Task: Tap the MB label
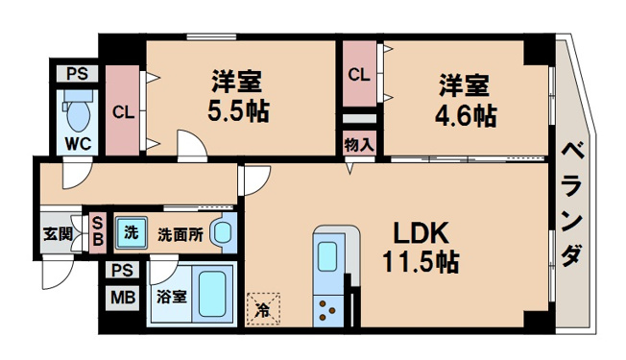pos(123,298)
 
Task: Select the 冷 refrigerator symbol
pos(263,309)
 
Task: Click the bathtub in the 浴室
pos(212,294)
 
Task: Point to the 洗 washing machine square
pos(132,232)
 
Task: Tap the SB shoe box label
pos(98,231)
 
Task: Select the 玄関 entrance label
pos(58,234)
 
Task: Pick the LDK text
pos(421,233)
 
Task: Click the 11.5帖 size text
pos(421,262)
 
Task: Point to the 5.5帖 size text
pos(238,110)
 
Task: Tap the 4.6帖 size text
pos(466,116)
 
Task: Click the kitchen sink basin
pos(327,256)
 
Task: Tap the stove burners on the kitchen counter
pos(327,311)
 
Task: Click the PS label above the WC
pos(77,74)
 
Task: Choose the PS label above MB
pos(122,271)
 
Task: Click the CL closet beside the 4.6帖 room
pos(359,74)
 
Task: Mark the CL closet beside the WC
pos(123,112)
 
